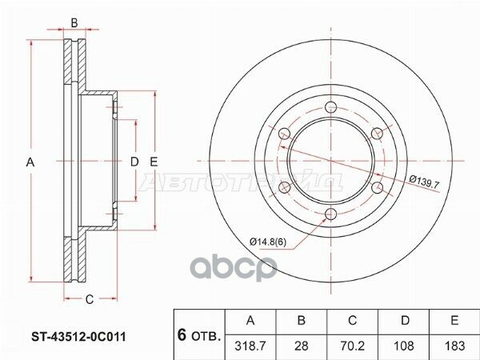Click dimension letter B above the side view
[74, 22]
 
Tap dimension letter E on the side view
[152, 162]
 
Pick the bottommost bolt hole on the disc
[330, 213]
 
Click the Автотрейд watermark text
[240, 182]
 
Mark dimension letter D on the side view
[134, 162]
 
